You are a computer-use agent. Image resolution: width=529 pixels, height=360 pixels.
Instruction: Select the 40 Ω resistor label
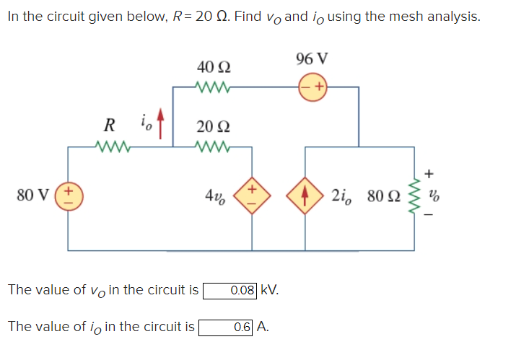214,67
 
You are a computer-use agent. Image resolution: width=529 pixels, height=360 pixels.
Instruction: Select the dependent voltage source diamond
252,195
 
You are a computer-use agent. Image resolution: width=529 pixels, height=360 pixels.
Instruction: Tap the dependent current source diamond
305,195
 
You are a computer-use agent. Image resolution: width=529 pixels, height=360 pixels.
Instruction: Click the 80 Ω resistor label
382,195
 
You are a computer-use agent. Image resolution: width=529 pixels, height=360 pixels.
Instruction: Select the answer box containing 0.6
226,326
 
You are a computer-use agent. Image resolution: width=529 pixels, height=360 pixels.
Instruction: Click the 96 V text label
312,59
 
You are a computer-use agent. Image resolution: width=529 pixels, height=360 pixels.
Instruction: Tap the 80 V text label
33,195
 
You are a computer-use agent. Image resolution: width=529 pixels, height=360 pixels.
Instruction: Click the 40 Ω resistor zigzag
214,88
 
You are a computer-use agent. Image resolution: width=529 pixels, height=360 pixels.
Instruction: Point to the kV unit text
269,291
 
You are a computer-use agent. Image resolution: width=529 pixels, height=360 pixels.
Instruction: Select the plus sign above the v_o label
430,173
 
